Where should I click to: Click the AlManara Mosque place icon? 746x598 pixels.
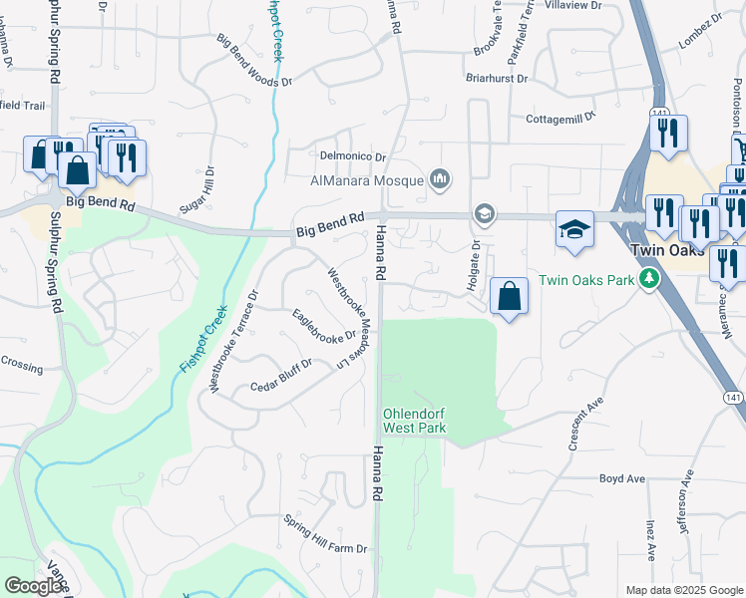click(x=440, y=180)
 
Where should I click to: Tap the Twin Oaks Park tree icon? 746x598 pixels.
click(x=649, y=279)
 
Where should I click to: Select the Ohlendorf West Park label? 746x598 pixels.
click(x=414, y=421)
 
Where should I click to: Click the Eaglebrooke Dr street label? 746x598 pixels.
click(x=324, y=324)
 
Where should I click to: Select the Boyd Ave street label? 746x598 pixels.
click(x=621, y=478)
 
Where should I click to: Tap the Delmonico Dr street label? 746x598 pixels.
click(x=352, y=157)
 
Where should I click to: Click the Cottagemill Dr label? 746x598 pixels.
click(x=560, y=118)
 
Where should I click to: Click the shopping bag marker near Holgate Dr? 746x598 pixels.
click(x=510, y=296)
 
